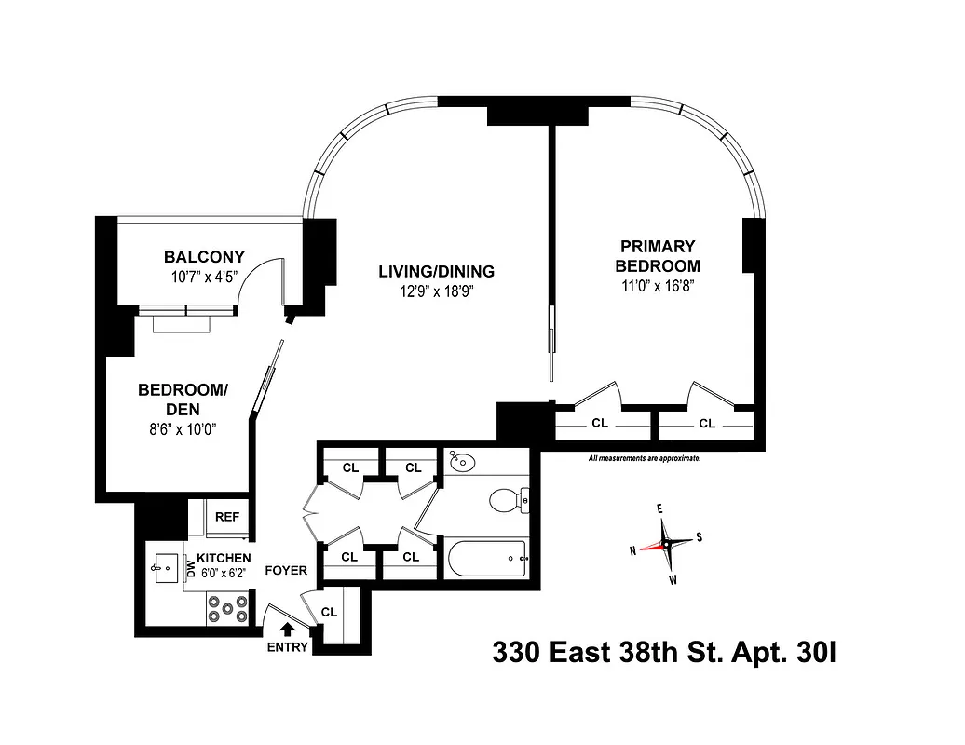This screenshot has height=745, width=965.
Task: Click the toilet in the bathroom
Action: pos(506,500)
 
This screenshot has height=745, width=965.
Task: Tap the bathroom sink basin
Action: pos(460,461)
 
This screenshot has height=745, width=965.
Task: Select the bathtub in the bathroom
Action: pos(487,559)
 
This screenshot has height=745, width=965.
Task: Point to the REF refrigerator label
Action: pos(227,517)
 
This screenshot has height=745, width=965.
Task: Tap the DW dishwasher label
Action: pos(191,568)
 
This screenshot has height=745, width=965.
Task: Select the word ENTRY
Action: pos(287,647)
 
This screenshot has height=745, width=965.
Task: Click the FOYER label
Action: pos(286,570)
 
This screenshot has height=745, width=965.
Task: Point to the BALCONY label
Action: pos(204,257)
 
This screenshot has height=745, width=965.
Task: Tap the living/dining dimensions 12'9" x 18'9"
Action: pos(436,291)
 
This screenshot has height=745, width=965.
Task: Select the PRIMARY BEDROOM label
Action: pos(658,256)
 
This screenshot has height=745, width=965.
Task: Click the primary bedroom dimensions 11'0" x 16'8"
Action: pos(658,285)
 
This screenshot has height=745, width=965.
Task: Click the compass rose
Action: pos(665,543)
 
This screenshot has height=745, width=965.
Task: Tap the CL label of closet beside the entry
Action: pos(329,612)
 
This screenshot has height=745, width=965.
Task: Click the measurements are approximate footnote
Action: pos(644,458)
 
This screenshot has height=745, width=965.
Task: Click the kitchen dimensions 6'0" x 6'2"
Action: pos(224,574)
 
